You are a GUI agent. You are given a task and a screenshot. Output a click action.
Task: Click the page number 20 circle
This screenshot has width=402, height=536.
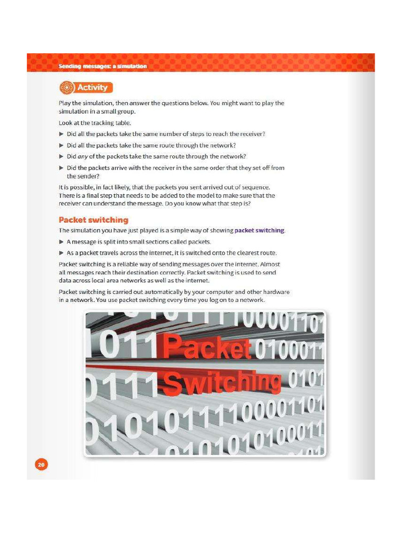[41, 464]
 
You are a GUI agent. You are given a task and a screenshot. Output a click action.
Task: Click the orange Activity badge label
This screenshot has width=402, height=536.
[92, 87]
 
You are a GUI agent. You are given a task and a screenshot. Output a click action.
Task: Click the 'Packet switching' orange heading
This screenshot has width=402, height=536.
[93, 220]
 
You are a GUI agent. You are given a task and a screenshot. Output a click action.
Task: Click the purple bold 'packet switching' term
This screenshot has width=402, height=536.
[260, 230]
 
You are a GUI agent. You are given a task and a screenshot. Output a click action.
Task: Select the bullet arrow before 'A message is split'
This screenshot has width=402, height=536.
[61, 242]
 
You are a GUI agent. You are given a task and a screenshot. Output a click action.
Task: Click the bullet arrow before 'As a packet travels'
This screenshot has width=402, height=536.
[61, 253]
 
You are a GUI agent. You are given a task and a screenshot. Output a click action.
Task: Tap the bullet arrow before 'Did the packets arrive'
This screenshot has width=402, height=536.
[61, 168]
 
